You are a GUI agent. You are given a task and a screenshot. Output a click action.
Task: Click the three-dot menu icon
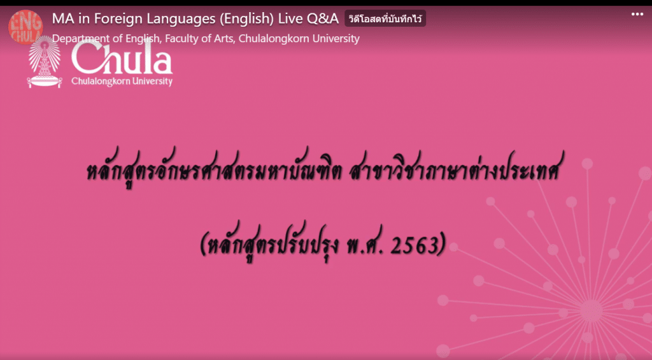[637, 15]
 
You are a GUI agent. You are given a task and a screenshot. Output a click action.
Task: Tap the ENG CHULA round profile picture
[25, 27]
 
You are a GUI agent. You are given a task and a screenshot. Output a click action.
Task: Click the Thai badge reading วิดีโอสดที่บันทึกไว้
[385, 18]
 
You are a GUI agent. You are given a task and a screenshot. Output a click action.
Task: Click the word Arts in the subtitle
[225, 39]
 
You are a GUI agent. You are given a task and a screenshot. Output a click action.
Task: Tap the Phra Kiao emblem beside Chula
[45, 62]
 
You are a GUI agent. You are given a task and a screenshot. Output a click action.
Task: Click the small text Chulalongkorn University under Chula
[122, 81]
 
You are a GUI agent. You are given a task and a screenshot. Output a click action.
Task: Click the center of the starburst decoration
[591, 310]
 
